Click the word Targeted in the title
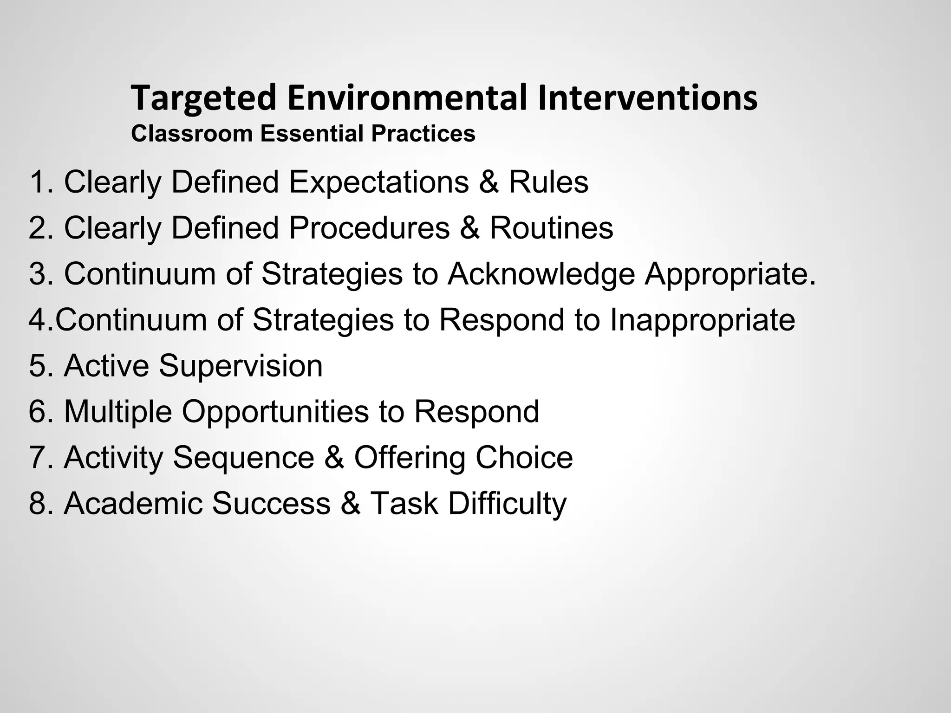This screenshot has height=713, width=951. pyautogui.click(x=204, y=98)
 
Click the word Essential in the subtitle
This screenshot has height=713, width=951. pyautogui.click(x=312, y=134)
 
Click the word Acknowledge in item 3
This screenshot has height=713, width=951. pyautogui.click(x=541, y=274)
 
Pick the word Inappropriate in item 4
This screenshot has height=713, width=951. pyautogui.click(x=702, y=320)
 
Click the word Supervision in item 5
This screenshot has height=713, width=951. pyautogui.click(x=241, y=366)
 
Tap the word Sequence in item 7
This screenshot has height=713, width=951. pyautogui.click(x=243, y=457)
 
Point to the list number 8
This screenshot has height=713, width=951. pyautogui.click(x=38, y=504)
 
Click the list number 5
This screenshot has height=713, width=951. pyautogui.click(x=38, y=366)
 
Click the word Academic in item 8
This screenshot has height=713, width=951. pyautogui.click(x=133, y=504)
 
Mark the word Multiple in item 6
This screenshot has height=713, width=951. pyautogui.click(x=117, y=411)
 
